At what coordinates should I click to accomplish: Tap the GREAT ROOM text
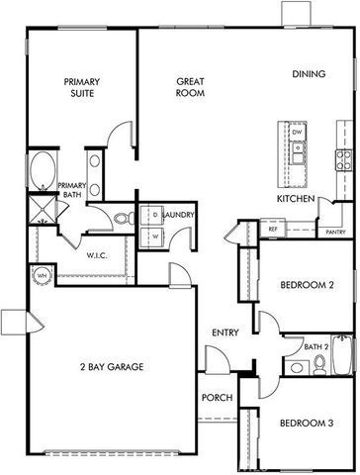click(190, 87)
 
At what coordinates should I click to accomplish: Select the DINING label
click(310, 74)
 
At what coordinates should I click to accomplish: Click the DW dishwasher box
click(297, 131)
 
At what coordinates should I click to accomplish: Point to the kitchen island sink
click(297, 153)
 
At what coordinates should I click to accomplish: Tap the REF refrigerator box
click(273, 230)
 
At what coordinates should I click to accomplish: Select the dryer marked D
click(154, 216)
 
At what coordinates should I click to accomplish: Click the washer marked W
click(154, 237)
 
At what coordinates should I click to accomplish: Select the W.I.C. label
click(96, 254)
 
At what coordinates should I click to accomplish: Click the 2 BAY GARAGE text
click(112, 367)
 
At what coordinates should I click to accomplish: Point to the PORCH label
click(217, 400)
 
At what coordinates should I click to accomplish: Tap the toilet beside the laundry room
click(121, 220)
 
